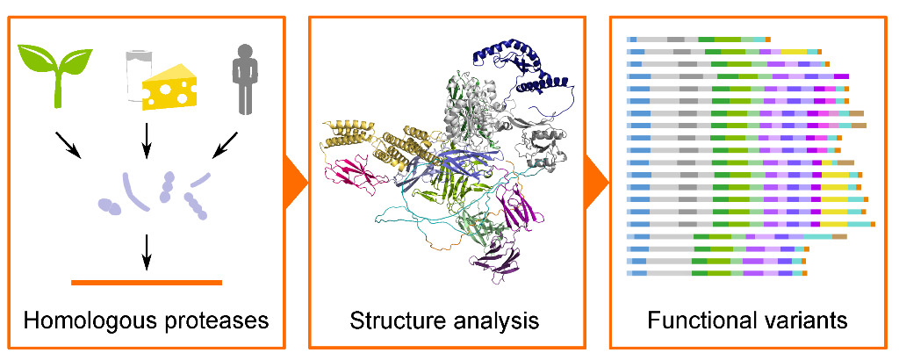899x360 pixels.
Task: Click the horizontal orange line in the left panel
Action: coord(147,282)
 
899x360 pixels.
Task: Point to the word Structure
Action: coord(391,320)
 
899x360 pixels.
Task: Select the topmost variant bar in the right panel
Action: coord(698,40)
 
